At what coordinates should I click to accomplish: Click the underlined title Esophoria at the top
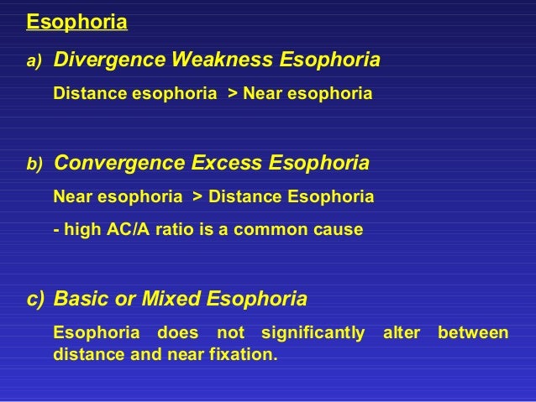tap(77, 21)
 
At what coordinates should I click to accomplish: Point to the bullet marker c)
tap(35, 299)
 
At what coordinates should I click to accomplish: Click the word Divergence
tap(108, 60)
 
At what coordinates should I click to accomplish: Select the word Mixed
tap(172, 298)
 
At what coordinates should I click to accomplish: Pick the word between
tap(473, 333)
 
